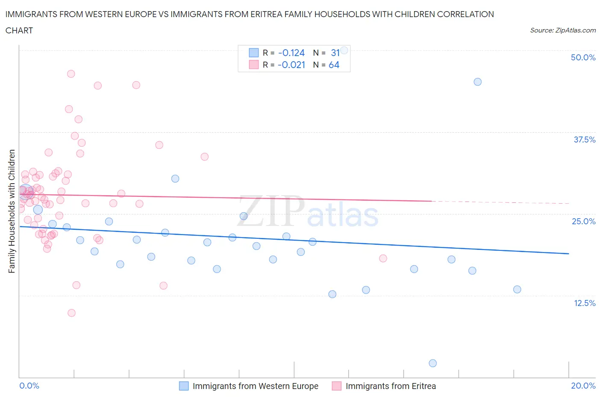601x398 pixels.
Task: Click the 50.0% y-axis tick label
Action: coord(583,57)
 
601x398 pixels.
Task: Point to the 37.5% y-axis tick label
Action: coord(584,140)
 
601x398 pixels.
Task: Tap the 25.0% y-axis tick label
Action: coord(583,221)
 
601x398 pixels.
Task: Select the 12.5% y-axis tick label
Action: coord(584,303)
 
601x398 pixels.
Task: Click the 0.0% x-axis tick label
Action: coord(29,386)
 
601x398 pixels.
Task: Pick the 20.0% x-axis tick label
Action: coord(583,386)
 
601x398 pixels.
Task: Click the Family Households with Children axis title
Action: coord(12,211)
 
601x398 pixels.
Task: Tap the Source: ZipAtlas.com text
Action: coord(563,30)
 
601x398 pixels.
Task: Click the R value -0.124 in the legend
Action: coord(291,53)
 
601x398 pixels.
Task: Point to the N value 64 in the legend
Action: coord(334,65)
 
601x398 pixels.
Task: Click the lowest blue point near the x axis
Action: coord(433,363)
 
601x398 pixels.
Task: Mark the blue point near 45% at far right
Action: coord(477,82)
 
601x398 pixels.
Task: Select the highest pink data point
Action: coord(71,74)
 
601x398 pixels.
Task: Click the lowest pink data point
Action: coord(71,313)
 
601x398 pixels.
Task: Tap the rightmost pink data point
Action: coord(383,258)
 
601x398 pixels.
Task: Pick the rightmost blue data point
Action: coord(517,289)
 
